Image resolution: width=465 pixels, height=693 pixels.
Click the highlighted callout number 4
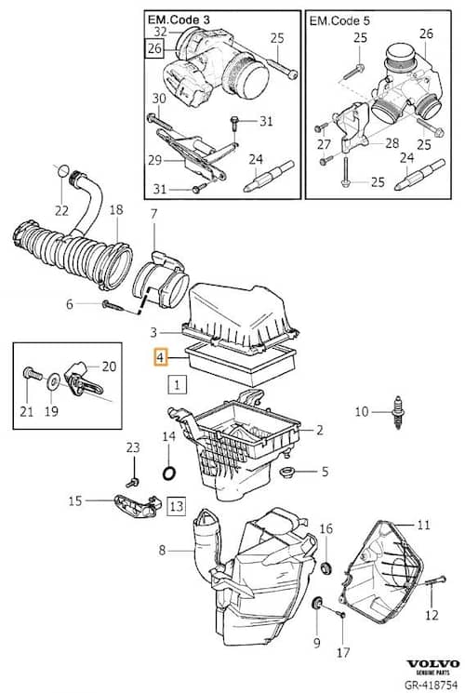pyautogui.click(x=160, y=357)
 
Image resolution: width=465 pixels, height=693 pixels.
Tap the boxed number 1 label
pyautogui.click(x=177, y=384)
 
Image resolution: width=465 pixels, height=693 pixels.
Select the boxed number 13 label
pyautogui.click(x=176, y=506)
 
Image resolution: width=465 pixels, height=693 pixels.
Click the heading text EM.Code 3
pyautogui.click(x=179, y=20)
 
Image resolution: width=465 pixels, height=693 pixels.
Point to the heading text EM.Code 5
pyautogui.click(x=339, y=20)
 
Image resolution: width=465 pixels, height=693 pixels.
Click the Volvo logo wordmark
pyautogui.click(x=432, y=664)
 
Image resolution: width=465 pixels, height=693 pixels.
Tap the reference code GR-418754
pyautogui.click(x=432, y=685)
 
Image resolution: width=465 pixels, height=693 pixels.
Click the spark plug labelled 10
pyautogui.click(x=398, y=413)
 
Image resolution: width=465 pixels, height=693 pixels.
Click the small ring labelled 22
pyautogui.click(x=63, y=170)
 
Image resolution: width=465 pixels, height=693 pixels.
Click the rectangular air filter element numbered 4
pyautogui.click(x=241, y=365)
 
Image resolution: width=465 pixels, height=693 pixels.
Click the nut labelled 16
pyautogui.click(x=325, y=567)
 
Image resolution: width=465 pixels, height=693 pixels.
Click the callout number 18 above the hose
pyautogui.click(x=116, y=209)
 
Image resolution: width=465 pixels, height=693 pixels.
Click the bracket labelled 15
pyautogui.click(x=138, y=506)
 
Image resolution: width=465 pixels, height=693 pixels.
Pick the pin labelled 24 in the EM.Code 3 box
pyautogui.click(x=268, y=177)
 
